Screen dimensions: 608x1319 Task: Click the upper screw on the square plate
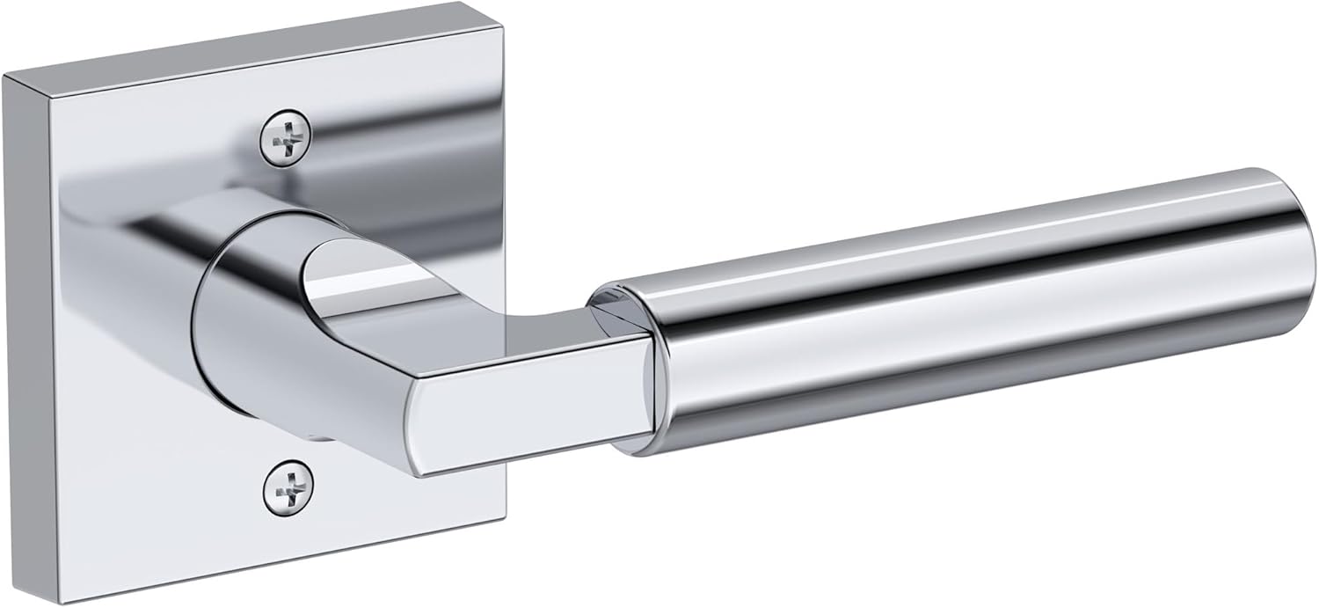coord(287,136)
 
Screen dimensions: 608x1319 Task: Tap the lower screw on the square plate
coord(287,485)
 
